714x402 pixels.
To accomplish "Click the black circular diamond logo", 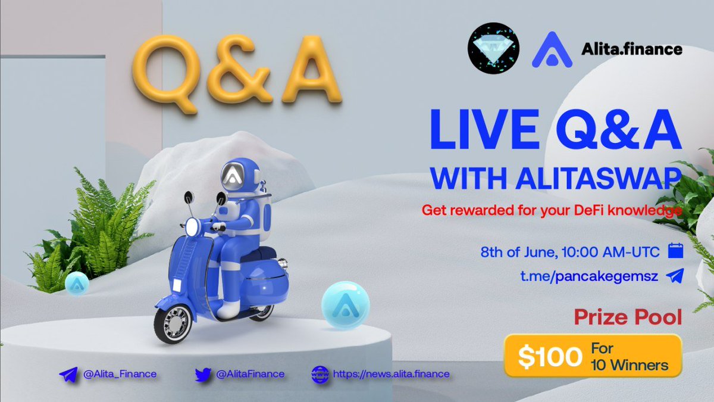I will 493,48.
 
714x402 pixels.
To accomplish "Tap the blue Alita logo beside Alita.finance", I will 551,49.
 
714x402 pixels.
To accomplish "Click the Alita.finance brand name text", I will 631,49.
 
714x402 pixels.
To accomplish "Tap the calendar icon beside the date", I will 674,251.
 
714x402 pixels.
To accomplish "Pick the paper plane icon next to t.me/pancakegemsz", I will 675,276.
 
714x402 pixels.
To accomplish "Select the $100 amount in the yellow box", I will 549,357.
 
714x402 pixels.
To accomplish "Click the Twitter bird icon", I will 204,374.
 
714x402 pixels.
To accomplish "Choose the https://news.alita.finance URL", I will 390,374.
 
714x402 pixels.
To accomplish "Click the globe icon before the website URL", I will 320,374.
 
